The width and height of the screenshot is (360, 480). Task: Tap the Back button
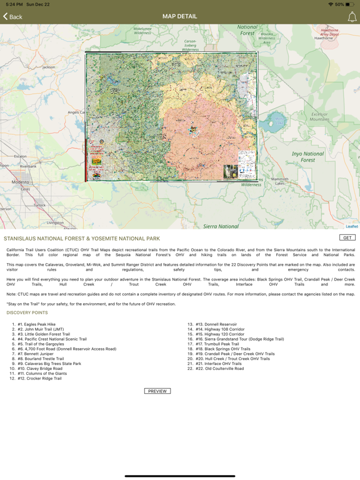point(12,17)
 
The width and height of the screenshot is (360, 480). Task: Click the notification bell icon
point(352,17)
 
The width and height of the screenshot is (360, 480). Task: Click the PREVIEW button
point(157,391)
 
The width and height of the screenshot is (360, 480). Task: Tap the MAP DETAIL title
point(179,16)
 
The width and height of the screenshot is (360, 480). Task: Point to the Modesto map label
point(20,182)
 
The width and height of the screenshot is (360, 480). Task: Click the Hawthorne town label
point(324,38)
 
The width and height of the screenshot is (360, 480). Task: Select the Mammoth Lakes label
point(279,181)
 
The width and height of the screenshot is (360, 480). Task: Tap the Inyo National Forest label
point(307,157)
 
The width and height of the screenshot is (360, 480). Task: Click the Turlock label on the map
point(39,205)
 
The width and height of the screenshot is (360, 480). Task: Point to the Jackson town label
point(48,67)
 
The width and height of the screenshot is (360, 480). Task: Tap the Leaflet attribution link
point(352,226)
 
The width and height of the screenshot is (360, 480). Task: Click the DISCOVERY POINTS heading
point(27,312)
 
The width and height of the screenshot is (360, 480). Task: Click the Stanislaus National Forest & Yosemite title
point(82,239)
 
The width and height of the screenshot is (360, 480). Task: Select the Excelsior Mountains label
point(319,117)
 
